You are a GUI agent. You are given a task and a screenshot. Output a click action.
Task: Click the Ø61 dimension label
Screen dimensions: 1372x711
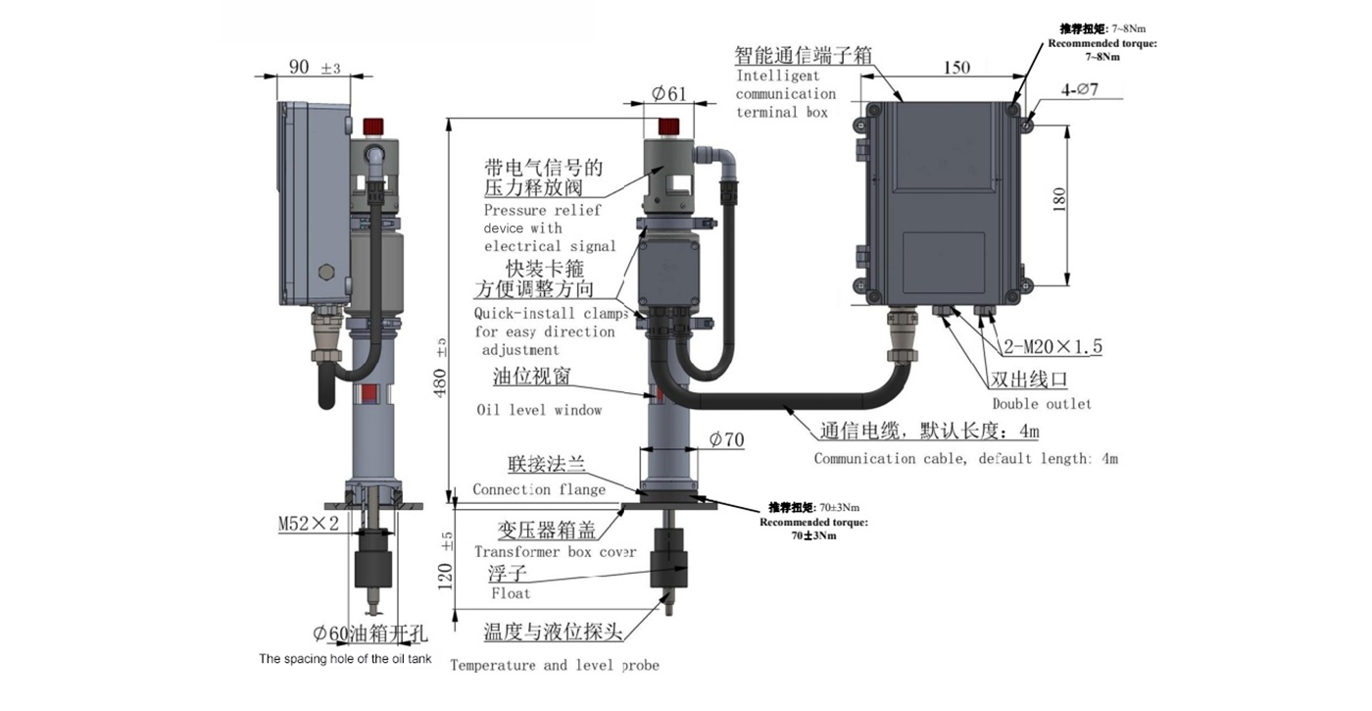tap(668, 94)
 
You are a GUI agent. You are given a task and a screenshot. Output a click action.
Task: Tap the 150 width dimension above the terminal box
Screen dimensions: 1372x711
tap(956, 67)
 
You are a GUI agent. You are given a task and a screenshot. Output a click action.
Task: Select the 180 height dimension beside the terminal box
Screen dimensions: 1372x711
tap(1058, 200)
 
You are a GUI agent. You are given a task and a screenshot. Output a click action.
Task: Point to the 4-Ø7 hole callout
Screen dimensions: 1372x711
tap(1079, 89)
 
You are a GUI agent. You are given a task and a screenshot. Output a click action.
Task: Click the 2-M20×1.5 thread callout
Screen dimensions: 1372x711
tap(1053, 346)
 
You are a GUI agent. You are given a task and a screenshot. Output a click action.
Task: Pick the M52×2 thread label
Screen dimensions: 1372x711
tap(308, 523)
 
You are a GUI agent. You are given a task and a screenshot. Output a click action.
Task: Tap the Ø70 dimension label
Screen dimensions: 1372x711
tap(726, 439)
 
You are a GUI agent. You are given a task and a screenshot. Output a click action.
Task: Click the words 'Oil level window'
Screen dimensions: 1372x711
tap(539, 410)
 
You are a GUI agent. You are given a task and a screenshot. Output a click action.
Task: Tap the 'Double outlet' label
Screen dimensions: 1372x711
tap(1041, 404)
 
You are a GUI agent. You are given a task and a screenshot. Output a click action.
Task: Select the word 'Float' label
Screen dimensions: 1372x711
tap(511, 593)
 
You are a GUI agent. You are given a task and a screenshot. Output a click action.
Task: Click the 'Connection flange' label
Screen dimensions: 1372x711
tap(539, 489)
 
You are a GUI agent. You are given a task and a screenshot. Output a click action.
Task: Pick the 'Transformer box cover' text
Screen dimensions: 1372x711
tap(555, 551)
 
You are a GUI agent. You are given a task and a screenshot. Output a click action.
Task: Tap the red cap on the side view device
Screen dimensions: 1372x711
tap(373, 127)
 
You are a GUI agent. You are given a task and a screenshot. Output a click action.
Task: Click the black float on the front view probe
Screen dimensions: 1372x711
tap(668, 557)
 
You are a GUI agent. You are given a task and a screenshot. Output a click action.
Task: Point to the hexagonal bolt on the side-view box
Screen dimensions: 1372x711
tap(325, 271)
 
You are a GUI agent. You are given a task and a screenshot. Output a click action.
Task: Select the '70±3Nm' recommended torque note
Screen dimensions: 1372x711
tap(813, 522)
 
